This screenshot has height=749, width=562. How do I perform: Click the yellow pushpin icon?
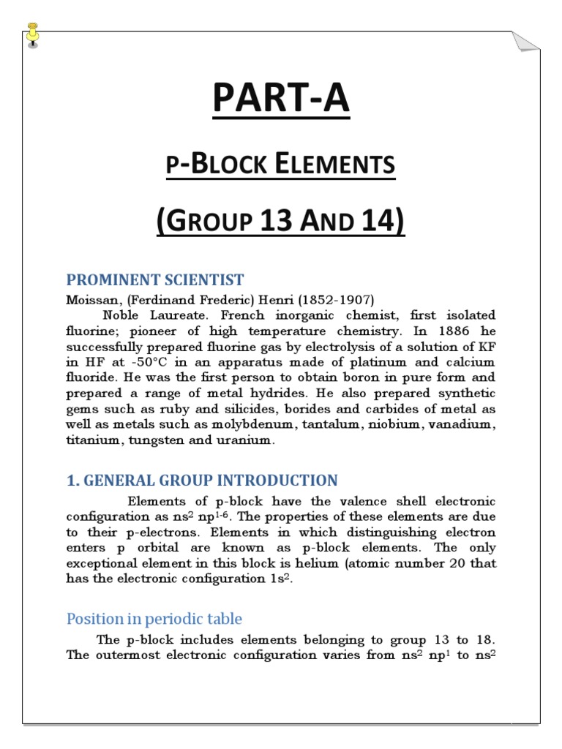tap(32, 34)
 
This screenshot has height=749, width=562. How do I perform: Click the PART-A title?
tap(281, 99)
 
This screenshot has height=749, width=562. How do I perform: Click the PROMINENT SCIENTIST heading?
tap(155, 280)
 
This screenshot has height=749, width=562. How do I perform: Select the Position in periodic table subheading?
tap(154, 619)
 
